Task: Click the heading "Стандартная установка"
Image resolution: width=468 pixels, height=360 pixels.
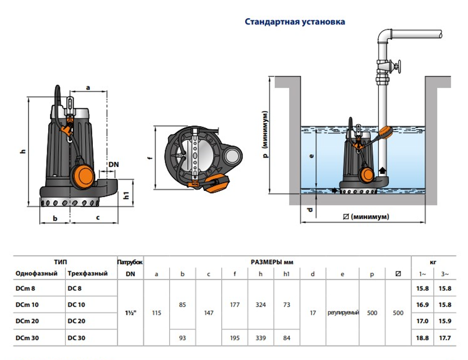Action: point(294,22)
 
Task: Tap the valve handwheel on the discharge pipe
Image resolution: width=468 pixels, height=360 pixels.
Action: point(398,67)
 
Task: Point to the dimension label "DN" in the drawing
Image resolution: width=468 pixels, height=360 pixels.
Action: point(114,164)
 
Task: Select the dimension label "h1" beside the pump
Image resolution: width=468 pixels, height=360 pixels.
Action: point(126,196)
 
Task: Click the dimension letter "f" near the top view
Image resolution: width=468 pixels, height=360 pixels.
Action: point(149,159)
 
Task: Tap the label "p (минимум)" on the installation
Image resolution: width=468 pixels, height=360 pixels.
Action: point(265,137)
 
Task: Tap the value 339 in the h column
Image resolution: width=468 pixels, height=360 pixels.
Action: point(261,338)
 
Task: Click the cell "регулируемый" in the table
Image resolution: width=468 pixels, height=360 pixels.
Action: point(343,313)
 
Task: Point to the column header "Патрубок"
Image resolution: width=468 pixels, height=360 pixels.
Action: point(130,262)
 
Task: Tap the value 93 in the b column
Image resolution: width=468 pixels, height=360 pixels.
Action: point(182,338)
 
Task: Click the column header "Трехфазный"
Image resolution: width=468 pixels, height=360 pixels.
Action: point(88,274)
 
